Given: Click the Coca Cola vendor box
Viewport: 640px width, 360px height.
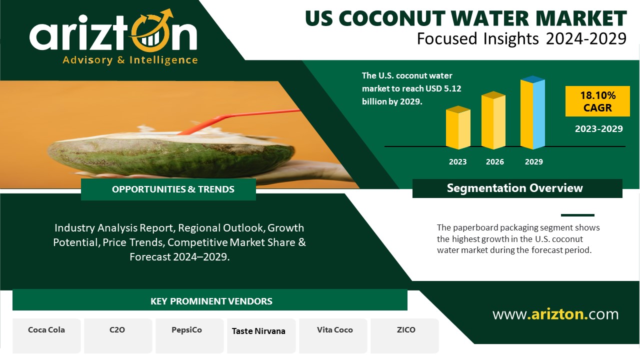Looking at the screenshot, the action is (x=46, y=336).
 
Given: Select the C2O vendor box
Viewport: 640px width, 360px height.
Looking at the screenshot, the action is (x=118, y=336).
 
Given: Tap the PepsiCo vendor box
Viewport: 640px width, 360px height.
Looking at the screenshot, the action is (x=189, y=336).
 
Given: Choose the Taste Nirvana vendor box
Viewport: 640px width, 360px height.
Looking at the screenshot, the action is (x=261, y=336).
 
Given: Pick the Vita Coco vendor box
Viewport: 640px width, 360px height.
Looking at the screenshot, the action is (x=333, y=336).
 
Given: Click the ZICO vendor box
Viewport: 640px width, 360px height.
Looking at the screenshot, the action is (x=405, y=336).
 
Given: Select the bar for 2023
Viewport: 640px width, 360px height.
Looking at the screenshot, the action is (x=458, y=127).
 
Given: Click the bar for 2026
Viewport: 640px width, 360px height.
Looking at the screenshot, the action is (x=493, y=120).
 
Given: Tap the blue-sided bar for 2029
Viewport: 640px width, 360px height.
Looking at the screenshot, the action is (x=532, y=112).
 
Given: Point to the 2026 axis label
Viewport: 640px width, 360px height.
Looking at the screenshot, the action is (x=495, y=161).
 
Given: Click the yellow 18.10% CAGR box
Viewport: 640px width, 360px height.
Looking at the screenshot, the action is (x=597, y=101).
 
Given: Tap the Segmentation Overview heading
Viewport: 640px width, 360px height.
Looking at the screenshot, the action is (x=515, y=188).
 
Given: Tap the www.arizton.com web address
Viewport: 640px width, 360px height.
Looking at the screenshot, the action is (x=555, y=314).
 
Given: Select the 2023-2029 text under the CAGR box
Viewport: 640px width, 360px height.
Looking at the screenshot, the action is (x=599, y=129).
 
